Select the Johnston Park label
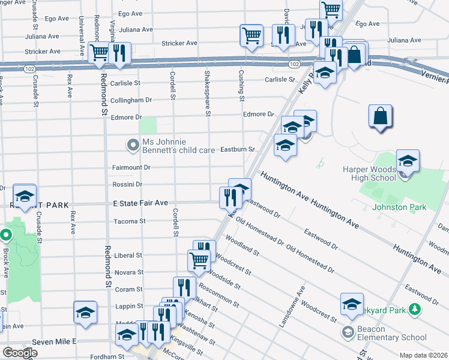[x=399, y=207]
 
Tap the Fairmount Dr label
[x=131, y=167]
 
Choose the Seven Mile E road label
[x=55, y=341]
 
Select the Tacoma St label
[x=130, y=221]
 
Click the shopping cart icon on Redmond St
[x=98, y=52]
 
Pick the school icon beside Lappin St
[x=85, y=311]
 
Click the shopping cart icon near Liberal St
[x=199, y=260]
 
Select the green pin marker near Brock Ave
[x=7, y=235]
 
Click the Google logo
[x=20, y=353]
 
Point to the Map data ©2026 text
[x=423, y=355]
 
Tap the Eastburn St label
[x=238, y=149]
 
